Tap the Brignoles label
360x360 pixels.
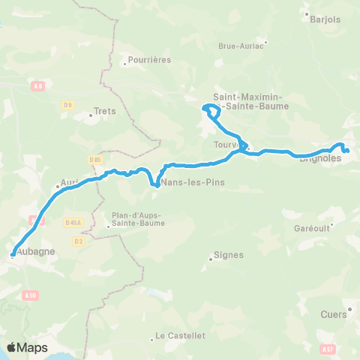[x=320, y=158]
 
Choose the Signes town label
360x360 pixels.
[x=229, y=255]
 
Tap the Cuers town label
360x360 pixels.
[x=333, y=315]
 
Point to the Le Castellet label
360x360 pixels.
[x=180, y=336]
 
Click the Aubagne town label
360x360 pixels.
[x=34, y=251]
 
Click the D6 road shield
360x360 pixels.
[x=66, y=104]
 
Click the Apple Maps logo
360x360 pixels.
[x=27, y=347]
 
